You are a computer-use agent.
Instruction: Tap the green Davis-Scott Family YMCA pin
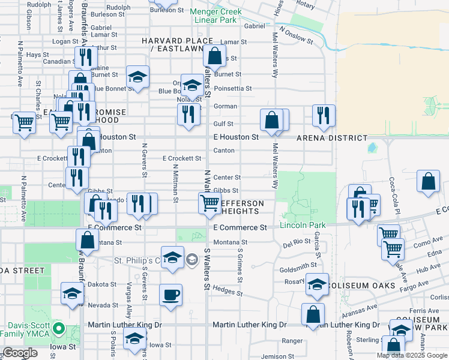pyautogui.click(x=58, y=329)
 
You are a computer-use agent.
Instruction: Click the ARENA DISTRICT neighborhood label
pyautogui.click(x=332, y=138)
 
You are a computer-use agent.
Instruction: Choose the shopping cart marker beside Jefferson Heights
pyautogui.click(x=209, y=202)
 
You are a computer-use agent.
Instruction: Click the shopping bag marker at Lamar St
pyautogui.click(x=214, y=56)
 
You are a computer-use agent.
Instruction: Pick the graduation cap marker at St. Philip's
pyautogui.click(x=172, y=256)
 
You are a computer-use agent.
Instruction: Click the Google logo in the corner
pyautogui.click(x=20, y=353)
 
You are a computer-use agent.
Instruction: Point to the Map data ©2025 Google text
pyautogui.click(x=412, y=355)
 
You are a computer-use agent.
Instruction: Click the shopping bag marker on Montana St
pyautogui.click(x=88, y=239)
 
